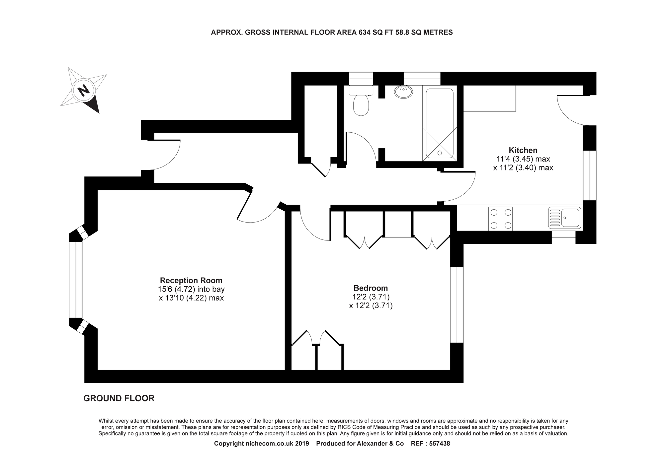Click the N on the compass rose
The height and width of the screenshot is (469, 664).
tap(84, 90)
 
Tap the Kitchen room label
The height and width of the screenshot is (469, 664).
tap(523, 150)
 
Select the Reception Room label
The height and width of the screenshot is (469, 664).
tap(191, 280)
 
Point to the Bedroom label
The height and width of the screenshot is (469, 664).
tap(371, 288)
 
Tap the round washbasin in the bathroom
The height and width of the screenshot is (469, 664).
tap(403, 92)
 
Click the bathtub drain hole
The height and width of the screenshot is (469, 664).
tap(440, 153)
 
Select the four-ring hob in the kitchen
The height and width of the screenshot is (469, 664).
tap(500, 219)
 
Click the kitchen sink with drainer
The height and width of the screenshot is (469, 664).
tap(564, 218)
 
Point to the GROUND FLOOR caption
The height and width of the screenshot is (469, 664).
tap(119, 398)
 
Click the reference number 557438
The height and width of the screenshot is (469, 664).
tap(440, 444)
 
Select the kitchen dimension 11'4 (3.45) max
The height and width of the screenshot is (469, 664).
tap(523, 159)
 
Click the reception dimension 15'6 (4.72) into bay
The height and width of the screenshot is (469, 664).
tap(191, 289)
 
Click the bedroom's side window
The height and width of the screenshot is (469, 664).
tap(457, 304)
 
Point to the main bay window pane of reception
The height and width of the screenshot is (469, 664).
tap(76, 280)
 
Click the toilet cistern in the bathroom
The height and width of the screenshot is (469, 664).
tap(361, 90)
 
